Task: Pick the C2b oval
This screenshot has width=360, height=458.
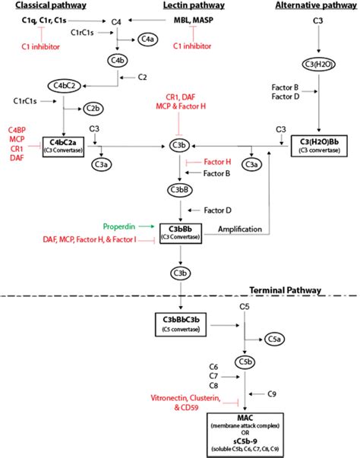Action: (x=93, y=109)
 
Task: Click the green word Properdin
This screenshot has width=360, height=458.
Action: (x=119, y=226)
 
